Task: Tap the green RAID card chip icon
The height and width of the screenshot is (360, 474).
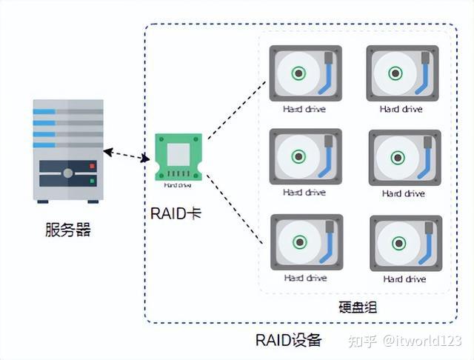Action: pyautogui.click(x=178, y=157)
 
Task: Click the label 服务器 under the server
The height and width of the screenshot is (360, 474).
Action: pyautogui.click(x=67, y=230)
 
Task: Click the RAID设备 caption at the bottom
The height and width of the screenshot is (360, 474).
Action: pyautogui.click(x=289, y=341)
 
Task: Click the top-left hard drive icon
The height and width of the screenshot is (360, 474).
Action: pyautogui.click(x=305, y=73)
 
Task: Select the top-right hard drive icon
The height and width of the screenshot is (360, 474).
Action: pyautogui.click(x=402, y=73)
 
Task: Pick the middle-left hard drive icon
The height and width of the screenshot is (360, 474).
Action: pyautogui.click(x=305, y=156)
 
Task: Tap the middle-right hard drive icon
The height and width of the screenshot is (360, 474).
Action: pyautogui.click(x=404, y=157)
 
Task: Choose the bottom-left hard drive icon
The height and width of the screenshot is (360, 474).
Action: pyautogui.click(x=306, y=241)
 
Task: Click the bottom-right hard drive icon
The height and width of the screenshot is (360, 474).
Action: pyautogui.click(x=405, y=242)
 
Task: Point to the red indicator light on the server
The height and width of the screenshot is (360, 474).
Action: pyautogui.click(x=92, y=165)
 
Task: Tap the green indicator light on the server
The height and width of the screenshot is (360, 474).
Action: pyautogui.click(x=92, y=180)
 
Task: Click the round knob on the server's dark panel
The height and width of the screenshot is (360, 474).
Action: pyautogui.click(x=67, y=173)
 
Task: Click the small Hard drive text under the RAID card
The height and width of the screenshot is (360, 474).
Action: pyautogui.click(x=178, y=186)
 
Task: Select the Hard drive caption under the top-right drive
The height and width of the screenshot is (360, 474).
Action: pyautogui.click(x=401, y=109)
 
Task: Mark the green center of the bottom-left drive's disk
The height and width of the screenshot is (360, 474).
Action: pyautogui.click(x=298, y=241)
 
